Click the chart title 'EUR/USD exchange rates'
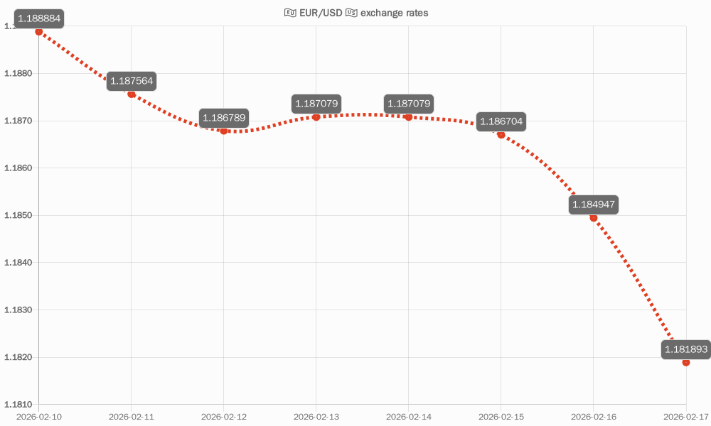coord(356,13)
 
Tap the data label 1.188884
coord(39,17)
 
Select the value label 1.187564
coord(132,81)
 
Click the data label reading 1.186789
coord(224,118)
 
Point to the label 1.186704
coord(501,122)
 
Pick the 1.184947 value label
coord(594,205)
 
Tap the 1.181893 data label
coord(685,349)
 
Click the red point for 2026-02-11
coord(132,94)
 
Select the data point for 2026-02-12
coord(224,131)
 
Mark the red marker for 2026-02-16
coord(594,218)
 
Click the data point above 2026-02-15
coord(501,135)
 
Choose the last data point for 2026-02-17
coord(686,362)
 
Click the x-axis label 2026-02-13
coord(316,417)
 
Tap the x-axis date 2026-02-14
coord(409,417)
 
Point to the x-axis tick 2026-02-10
coord(39,417)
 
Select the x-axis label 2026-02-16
coord(594,417)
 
